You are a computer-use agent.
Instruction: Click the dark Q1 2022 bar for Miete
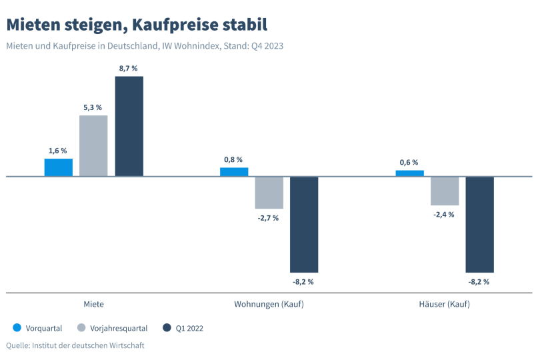click(x=129, y=126)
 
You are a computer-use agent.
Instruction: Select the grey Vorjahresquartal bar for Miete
click(x=93, y=146)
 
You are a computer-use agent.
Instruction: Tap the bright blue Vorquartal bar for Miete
click(x=58, y=167)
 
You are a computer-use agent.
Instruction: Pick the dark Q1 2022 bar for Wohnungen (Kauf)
click(x=304, y=225)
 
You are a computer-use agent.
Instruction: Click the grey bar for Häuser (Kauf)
click(x=445, y=191)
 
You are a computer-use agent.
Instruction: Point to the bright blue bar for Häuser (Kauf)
click(x=409, y=173)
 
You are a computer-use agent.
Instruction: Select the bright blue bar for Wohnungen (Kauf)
click(x=234, y=172)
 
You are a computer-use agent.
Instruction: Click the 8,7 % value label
click(x=129, y=68)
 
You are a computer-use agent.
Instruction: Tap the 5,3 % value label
click(x=93, y=107)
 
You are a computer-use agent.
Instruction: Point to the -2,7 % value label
click(x=269, y=218)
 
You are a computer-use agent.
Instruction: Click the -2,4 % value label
click(x=444, y=214)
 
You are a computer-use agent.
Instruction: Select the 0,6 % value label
click(x=409, y=162)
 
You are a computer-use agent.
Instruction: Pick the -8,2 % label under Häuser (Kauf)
click(x=479, y=281)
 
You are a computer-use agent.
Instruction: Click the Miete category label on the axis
click(x=93, y=304)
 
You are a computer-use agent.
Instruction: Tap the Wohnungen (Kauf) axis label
click(x=269, y=304)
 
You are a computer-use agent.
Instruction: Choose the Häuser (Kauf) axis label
click(x=444, y=304)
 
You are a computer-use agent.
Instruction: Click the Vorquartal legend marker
click(x=17, y=328)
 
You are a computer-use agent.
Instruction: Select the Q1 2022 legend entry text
click(x=189, y=328)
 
